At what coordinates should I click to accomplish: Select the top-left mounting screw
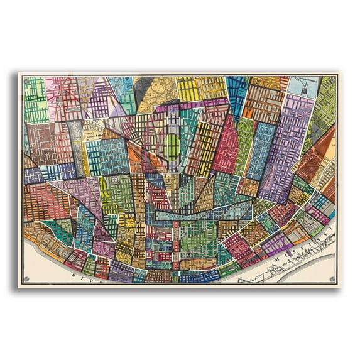(26, 80)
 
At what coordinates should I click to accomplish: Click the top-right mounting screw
(333, 80)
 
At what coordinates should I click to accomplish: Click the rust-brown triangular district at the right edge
(318, 154)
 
